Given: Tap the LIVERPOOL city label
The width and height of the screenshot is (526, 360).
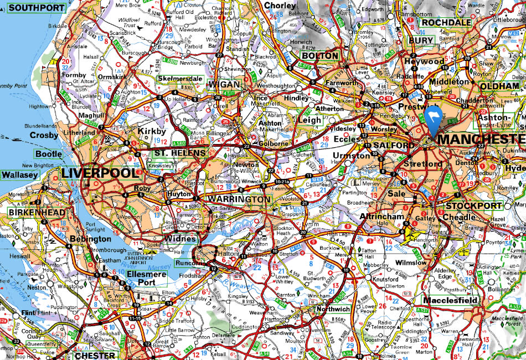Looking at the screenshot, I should point(99,173).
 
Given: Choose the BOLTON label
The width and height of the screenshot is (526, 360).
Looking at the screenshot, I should point(319,56).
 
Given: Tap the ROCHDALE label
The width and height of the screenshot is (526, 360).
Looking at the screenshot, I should point(446,23).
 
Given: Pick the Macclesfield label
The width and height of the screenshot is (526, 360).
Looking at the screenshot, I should point(450,301).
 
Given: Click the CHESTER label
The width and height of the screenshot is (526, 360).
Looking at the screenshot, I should point(95,355).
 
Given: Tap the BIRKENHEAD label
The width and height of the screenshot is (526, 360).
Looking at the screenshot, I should point(28,212).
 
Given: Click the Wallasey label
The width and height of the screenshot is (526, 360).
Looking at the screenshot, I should point(19,175).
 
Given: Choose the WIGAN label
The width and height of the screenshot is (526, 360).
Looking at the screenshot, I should point(225,84).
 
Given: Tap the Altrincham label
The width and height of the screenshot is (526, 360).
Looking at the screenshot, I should point(382,217).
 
